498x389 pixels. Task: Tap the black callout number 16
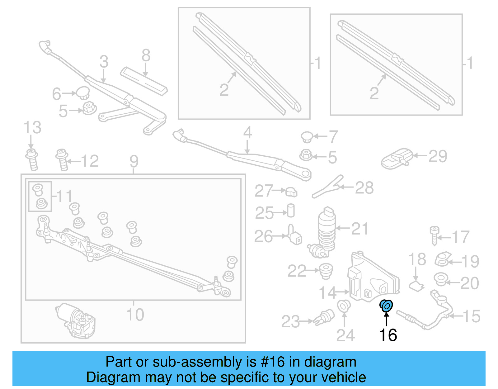[388, 335]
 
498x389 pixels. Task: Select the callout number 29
[438, 156]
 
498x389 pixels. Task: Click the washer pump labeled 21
[326, 229]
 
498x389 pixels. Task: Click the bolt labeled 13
[32, 159]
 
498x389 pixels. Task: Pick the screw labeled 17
[435, 235]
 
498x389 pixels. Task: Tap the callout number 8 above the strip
[146, 56]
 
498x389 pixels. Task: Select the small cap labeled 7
[307, 137]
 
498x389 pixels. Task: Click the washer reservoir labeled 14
[372, 279]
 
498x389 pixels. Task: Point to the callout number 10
[135, 315]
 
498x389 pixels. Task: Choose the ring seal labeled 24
[344, 306]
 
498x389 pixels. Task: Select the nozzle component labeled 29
[396, 159]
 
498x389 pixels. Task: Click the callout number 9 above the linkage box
[134, 161]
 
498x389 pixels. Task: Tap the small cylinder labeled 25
[291, 211]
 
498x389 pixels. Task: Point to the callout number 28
[364, 188]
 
